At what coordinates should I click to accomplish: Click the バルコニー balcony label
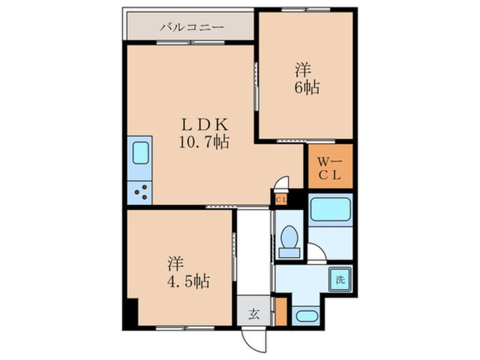pos(192,28)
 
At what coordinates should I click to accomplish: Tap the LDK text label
pos(205,125)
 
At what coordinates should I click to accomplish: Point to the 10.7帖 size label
pos(204,142)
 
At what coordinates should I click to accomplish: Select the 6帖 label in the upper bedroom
pos(308,87)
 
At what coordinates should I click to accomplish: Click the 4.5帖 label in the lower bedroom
pos(188,281)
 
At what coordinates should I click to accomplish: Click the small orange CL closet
pos(281,200)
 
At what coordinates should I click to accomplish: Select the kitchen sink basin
pos(141,153)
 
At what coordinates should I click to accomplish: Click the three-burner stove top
pos(140,192)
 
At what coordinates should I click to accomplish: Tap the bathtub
pos(330,210)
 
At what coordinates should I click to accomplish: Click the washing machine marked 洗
pos(340,279)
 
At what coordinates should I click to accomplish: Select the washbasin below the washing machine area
pos(306,316)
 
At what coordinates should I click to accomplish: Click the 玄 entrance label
pos(254,313)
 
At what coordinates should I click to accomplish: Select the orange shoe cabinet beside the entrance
pos(281,312)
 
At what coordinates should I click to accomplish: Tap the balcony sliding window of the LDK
pos(191,43)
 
